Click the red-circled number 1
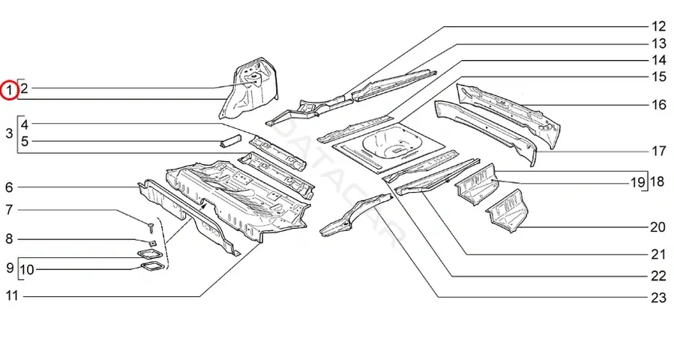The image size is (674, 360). click(9, 90)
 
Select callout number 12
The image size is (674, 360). click(658, 27)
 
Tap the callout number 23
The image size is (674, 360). click(658, 297)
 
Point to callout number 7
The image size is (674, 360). click(10, 210)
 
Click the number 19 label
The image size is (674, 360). click(638, 182)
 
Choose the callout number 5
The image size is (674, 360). click(25, 141)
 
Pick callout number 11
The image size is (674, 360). click(12, 296)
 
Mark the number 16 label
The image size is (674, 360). click(658, 104)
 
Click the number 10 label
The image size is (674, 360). click(27, 270)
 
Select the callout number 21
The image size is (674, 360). click(658, 254)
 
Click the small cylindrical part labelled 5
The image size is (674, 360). click(231, 141)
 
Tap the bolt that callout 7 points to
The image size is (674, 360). click(151, 226)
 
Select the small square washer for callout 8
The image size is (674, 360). click(151, 242)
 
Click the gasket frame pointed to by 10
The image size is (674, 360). click(151, 267)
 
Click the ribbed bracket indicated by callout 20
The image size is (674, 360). click(508, 211)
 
